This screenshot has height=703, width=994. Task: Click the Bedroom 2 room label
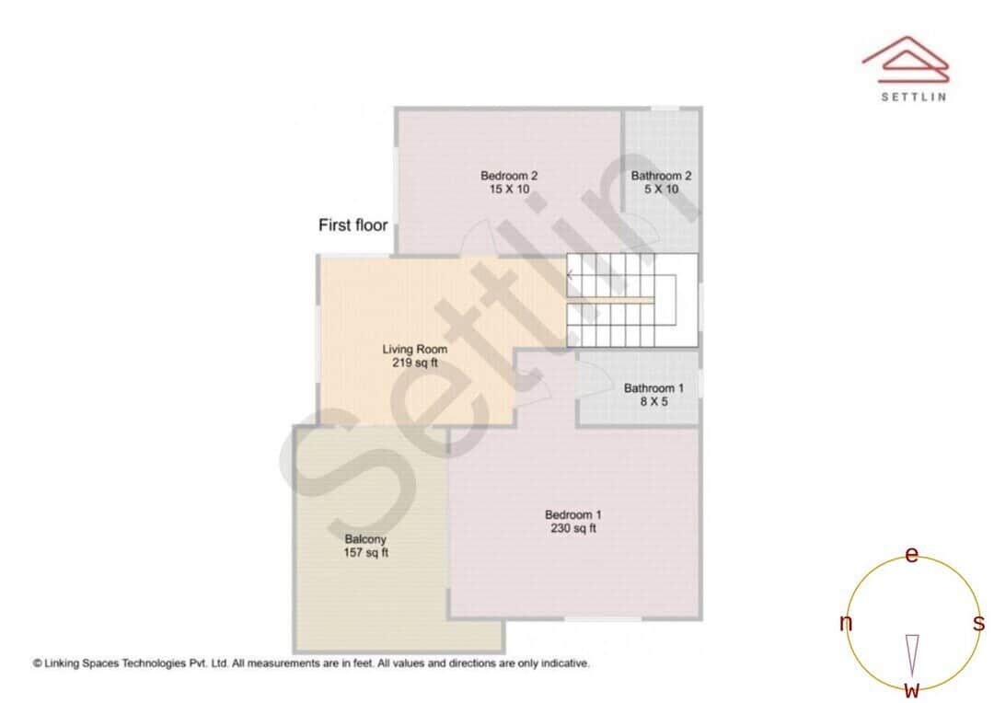tap(508, 176)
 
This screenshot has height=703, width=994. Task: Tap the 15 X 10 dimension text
tap(508, 190)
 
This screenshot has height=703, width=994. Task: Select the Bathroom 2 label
tap(661, 176)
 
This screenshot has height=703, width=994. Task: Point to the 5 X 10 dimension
tap(661, 190)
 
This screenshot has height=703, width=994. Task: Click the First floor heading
tap(353, 225)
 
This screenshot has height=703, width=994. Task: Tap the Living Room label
tap(414, 350)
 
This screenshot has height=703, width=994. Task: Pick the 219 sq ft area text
tap(414, 363)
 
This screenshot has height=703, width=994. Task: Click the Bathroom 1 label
tap(653, 388)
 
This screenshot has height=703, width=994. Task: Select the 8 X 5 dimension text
tap(653, 402)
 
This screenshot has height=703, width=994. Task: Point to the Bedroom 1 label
tap(572, 515)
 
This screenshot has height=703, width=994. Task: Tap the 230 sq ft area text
tap(572, 529)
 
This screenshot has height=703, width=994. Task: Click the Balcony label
tap(365, 539)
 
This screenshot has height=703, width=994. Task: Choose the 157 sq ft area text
tap(365, 553)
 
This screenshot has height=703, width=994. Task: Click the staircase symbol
tap(630, 301)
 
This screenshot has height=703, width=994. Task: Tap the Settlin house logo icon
tap(906, 57)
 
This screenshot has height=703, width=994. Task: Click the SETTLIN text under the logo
tap(913, 97)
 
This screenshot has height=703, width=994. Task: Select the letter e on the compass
tap(911, 555)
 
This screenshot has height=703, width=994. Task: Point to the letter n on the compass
tap(846, 624)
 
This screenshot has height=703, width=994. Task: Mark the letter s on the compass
tap(978, 624)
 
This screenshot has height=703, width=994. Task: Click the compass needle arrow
tap(912, 655)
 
